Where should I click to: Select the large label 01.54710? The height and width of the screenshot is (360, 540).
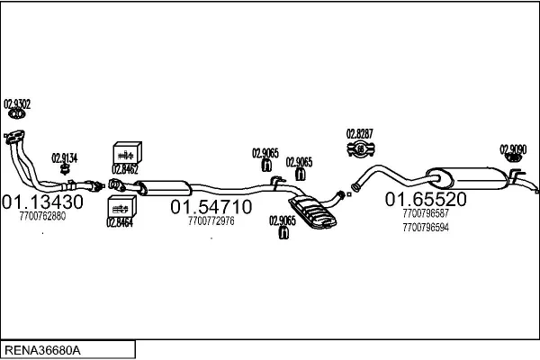click(x=211, y=207)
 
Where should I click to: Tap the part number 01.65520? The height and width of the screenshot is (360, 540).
click(x=427, y=199)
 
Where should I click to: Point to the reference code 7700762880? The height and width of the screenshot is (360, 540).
click(x=41, y=216)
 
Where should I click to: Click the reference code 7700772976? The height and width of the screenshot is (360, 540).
click(x=211, y=221)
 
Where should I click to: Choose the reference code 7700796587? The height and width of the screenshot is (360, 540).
click(x=427, y=213)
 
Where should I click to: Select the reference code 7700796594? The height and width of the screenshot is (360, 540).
click(x=427, y=227)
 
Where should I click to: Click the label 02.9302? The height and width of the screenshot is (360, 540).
click(x=17, y=104)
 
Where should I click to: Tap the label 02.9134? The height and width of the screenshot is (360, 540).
click(x=64, y=157)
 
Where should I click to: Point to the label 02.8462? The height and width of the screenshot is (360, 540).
click(x=125, y=167)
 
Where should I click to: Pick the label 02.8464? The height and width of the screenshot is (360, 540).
click(x=120, y=222)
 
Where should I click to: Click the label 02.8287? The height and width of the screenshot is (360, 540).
click(x=359, y=133)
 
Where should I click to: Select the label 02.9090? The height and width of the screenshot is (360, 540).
click(x=513, y=149)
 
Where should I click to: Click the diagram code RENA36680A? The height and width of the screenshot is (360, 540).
click(x=42, y=349)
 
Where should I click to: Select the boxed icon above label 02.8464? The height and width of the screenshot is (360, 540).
click(x=120, y=208)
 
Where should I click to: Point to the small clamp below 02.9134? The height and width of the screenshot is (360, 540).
click(x=65, y=169)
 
